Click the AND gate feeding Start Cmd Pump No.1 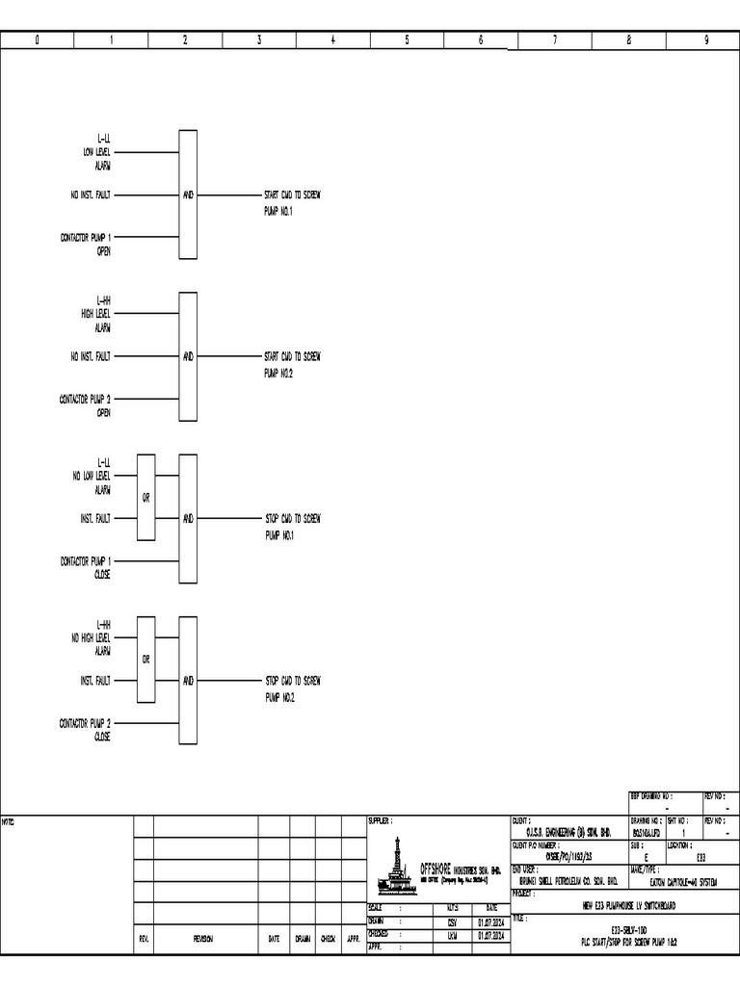tap(188, 195)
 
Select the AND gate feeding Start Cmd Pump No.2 tap(188, 356)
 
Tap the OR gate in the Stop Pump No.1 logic tap(145, 497)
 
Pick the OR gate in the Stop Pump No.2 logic tap(145, 660)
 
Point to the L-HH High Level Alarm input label tap(97, 314)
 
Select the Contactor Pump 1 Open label tap(87, 243)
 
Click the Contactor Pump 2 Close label tap(87, 729)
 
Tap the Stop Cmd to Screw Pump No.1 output tap(292, 526)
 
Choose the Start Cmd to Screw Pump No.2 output tap(292, 364)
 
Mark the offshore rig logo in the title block tap(396, 863)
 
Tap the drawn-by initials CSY tap(452, 921)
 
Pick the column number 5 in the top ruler tap(407, 40)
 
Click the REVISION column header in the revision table tap(203, 939)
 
